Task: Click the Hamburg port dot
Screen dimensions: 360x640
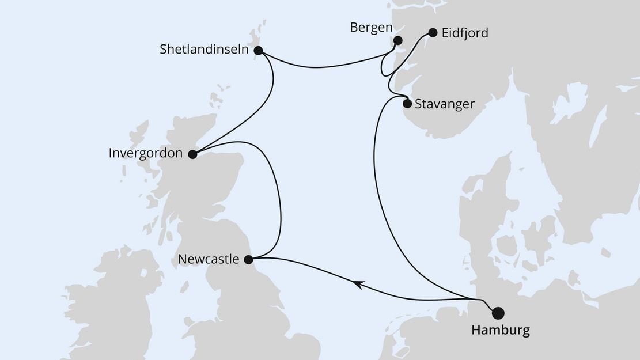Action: (x=498, y=313)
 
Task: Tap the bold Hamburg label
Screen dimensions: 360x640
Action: (x=500, y=331)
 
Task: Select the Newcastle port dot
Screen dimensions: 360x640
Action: (x=249, y=260)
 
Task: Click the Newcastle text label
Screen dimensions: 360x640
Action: (x=209, y=260)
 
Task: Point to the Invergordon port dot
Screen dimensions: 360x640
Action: (x=192, y=154)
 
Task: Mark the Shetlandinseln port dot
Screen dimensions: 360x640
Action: (x=258, y=50)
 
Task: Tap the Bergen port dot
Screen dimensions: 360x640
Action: (x=397, y=40)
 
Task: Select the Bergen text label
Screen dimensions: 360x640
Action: (x=372, y=28)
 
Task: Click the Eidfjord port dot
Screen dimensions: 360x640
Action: (x=432, y=33)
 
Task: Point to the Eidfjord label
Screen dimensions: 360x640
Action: (x=464, y=33)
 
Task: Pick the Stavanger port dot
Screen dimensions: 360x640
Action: (x=407, y=104)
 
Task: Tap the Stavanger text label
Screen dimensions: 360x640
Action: (x=444, y=104)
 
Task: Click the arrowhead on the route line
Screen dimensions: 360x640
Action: (x=358, y=283)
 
